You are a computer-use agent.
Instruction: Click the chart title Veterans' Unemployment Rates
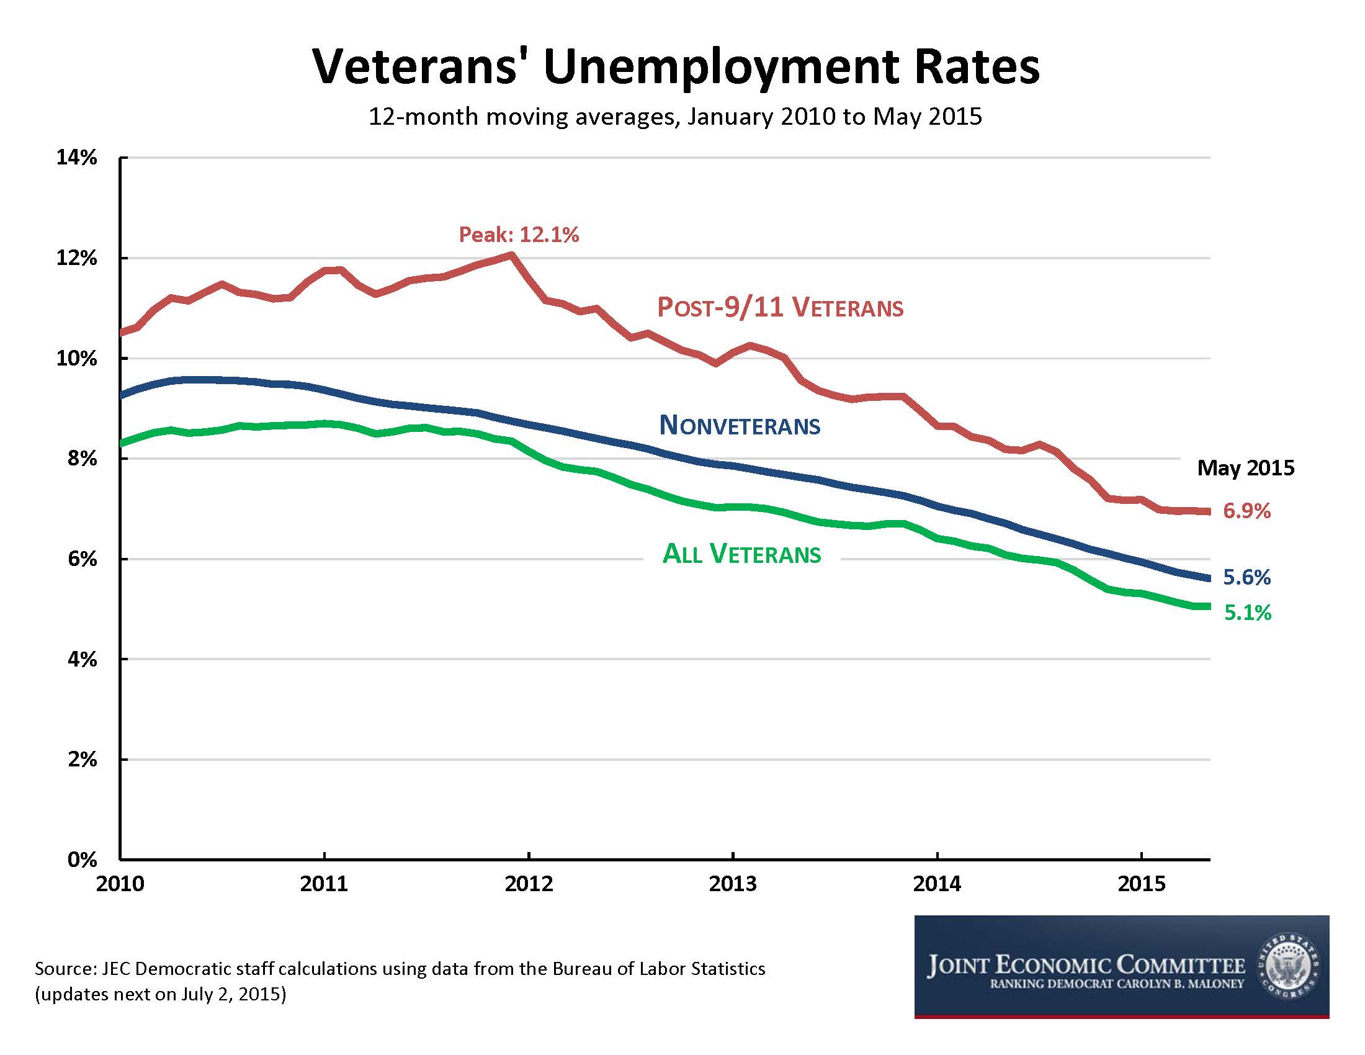click(676, 66)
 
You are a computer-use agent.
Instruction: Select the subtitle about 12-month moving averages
click(675, 117)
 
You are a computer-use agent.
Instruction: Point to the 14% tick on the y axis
click(77, 158)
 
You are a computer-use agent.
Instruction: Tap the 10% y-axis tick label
click(77, 359)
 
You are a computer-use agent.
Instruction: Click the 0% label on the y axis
click(82, 860)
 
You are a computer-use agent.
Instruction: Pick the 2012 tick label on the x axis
click(529, 884)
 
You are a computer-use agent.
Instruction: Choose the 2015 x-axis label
click(1141, 884)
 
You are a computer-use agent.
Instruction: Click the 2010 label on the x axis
click(120, 884)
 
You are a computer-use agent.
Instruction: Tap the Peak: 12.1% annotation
click(519, 235)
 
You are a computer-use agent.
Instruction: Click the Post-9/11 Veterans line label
click(780, 307)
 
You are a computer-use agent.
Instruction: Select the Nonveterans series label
click(740, 426)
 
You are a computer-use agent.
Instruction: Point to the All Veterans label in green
click(741, 554)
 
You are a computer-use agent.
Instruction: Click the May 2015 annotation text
click(1245, 468)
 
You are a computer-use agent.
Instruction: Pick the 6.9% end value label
click(1246, 511)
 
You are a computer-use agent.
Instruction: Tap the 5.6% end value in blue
click(1246, 578)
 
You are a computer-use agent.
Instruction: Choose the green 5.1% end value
click(1247, 613)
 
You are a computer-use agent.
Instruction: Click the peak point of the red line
click(511, 254)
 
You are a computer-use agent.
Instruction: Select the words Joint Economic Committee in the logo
click(1086, 965)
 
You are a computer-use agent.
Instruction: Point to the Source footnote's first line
click(400, 969)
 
